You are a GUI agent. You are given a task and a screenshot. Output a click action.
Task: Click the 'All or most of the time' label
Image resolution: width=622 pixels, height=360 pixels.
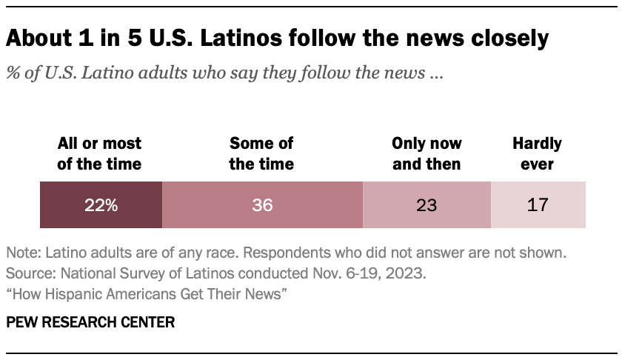click(x=99, y=153)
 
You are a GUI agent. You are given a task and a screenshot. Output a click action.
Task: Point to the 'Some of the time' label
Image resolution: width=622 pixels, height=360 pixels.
click(x=261, y=153)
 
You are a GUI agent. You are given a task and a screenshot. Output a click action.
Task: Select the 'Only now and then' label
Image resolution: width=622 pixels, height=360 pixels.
click(x=427, y=153)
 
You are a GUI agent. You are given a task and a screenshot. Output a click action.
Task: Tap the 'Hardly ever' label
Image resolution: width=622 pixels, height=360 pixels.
click(x=538, y=153)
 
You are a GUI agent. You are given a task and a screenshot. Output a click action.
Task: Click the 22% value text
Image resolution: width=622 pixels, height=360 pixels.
click(x=101, y=205)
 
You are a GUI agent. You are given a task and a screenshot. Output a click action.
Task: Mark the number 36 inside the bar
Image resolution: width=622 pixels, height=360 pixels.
click(x=262, y=205)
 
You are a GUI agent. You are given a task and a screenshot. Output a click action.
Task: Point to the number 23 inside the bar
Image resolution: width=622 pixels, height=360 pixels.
click(x=427, y=205)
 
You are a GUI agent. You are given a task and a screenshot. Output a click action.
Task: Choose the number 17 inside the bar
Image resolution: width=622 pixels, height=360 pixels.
click(x=538, y=205)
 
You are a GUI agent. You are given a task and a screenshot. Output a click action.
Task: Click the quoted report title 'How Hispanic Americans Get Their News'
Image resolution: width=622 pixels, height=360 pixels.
click(x=146, y=294)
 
